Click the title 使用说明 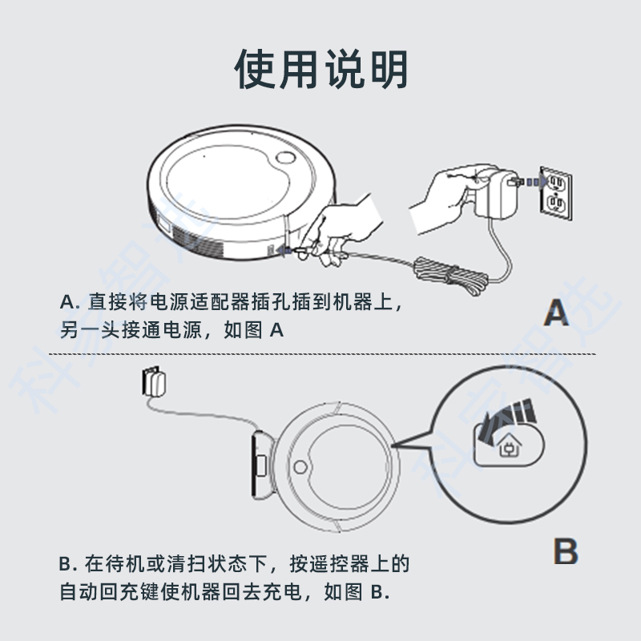[320, 69]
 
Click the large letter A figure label [556, 312]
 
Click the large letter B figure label [566, 552]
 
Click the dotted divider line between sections [320, 353]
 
